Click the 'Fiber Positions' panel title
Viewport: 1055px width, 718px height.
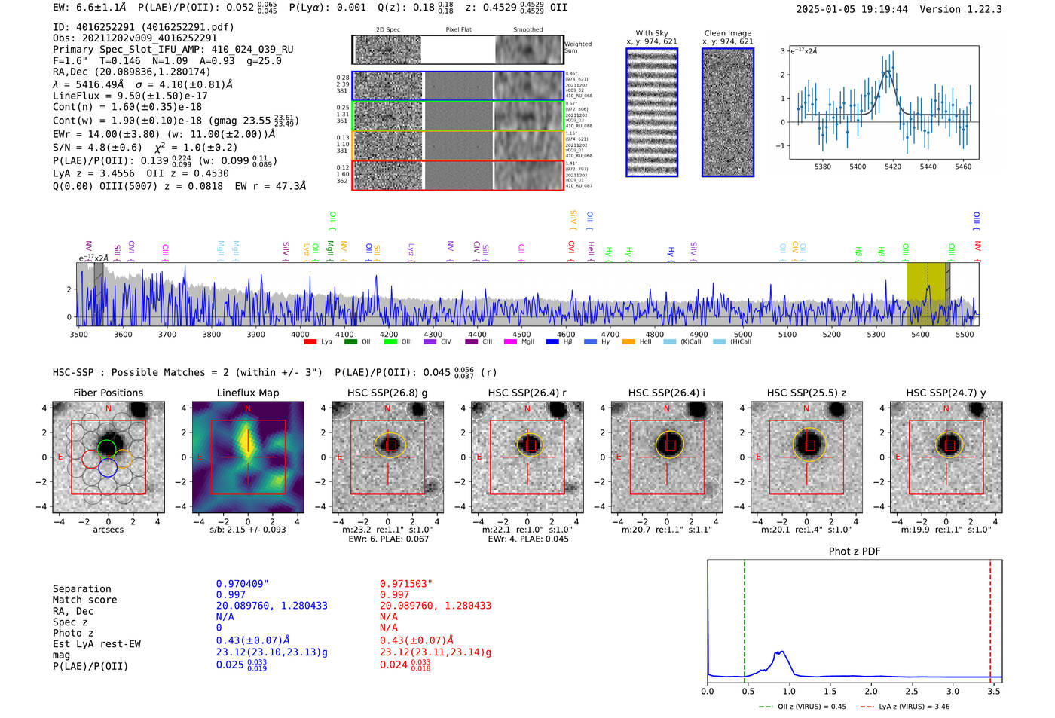[108, 393]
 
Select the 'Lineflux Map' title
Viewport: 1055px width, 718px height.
[247, 393]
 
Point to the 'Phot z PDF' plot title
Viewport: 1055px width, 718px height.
[855, 551]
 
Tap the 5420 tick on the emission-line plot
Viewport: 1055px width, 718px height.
[893, 167]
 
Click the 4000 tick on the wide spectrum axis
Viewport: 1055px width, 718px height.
[300, 334]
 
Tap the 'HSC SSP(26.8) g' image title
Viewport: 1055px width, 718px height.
[387, 393]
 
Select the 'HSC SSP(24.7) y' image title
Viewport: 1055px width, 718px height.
[946, 393]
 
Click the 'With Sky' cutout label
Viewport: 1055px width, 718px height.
[652, 33]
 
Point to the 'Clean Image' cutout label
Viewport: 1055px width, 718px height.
[727, 33]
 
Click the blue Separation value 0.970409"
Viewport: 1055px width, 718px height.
[242, 584]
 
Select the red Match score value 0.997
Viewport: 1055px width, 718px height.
[395, 594]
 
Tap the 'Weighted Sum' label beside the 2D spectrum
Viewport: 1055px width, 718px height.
[578, 47]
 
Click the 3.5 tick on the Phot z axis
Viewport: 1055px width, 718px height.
[994, 691]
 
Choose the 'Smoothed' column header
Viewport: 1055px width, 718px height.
[527, 30]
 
